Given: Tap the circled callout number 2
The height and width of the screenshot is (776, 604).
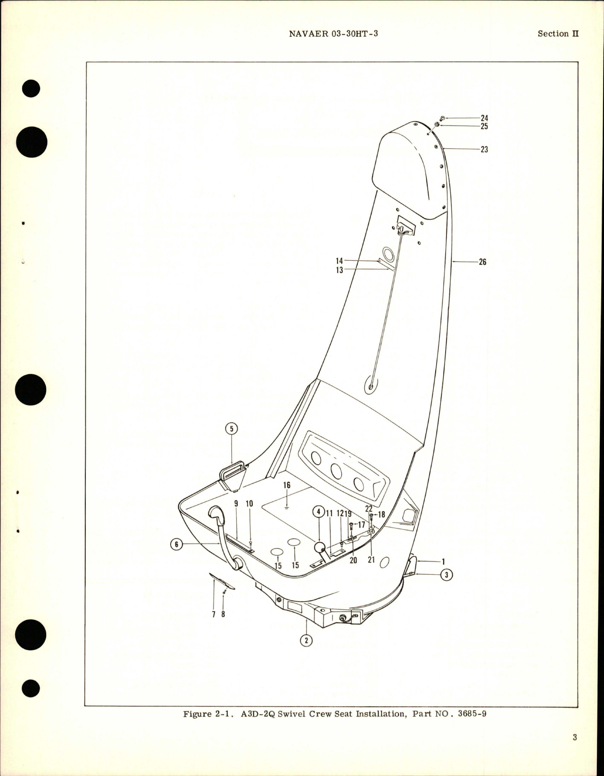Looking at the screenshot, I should pyautogui.click(x=306, y=641).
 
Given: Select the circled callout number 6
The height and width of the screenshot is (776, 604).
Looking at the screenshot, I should pyautogui.click(x=176, y=544).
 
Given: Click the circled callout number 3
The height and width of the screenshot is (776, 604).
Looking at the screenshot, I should pyautogui.click(x=447, y=575).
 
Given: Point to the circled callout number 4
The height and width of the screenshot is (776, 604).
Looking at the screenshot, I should pyautogui.click(x=318, y=512).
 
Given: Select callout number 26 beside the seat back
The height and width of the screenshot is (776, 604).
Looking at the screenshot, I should pyautogui.click(x=482, y=262).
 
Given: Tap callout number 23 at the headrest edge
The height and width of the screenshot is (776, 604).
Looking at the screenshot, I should pyautogui.click(x=484, y=149).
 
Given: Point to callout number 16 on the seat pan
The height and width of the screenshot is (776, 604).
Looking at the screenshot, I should pyautogui.click(x=287, y=485).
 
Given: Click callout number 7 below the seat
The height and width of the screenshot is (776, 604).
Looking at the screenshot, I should pyautogui.click(x=214, y=614).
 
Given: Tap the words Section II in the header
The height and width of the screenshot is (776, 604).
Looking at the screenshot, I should pyautogui.click(x=558, y=34).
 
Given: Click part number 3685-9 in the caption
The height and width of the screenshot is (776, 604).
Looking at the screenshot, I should pyautogui.click(x=468, y=726).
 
